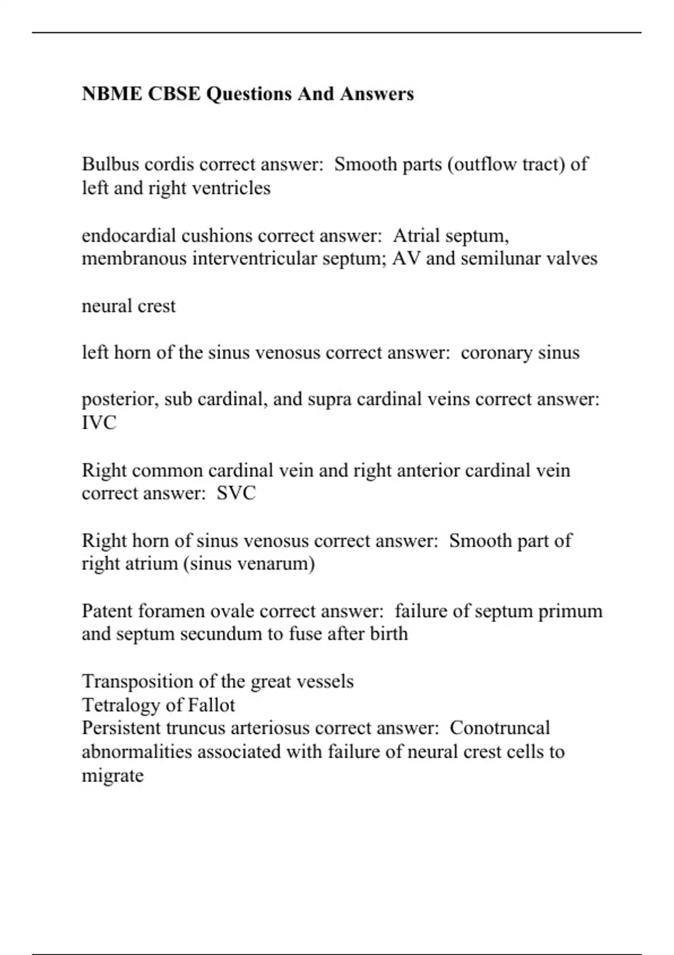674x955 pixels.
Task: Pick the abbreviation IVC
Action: [99, 422]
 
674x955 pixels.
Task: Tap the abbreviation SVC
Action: [236, 493]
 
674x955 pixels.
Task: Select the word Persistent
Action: [121, 728]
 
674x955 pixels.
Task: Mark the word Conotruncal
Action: [499, 728]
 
